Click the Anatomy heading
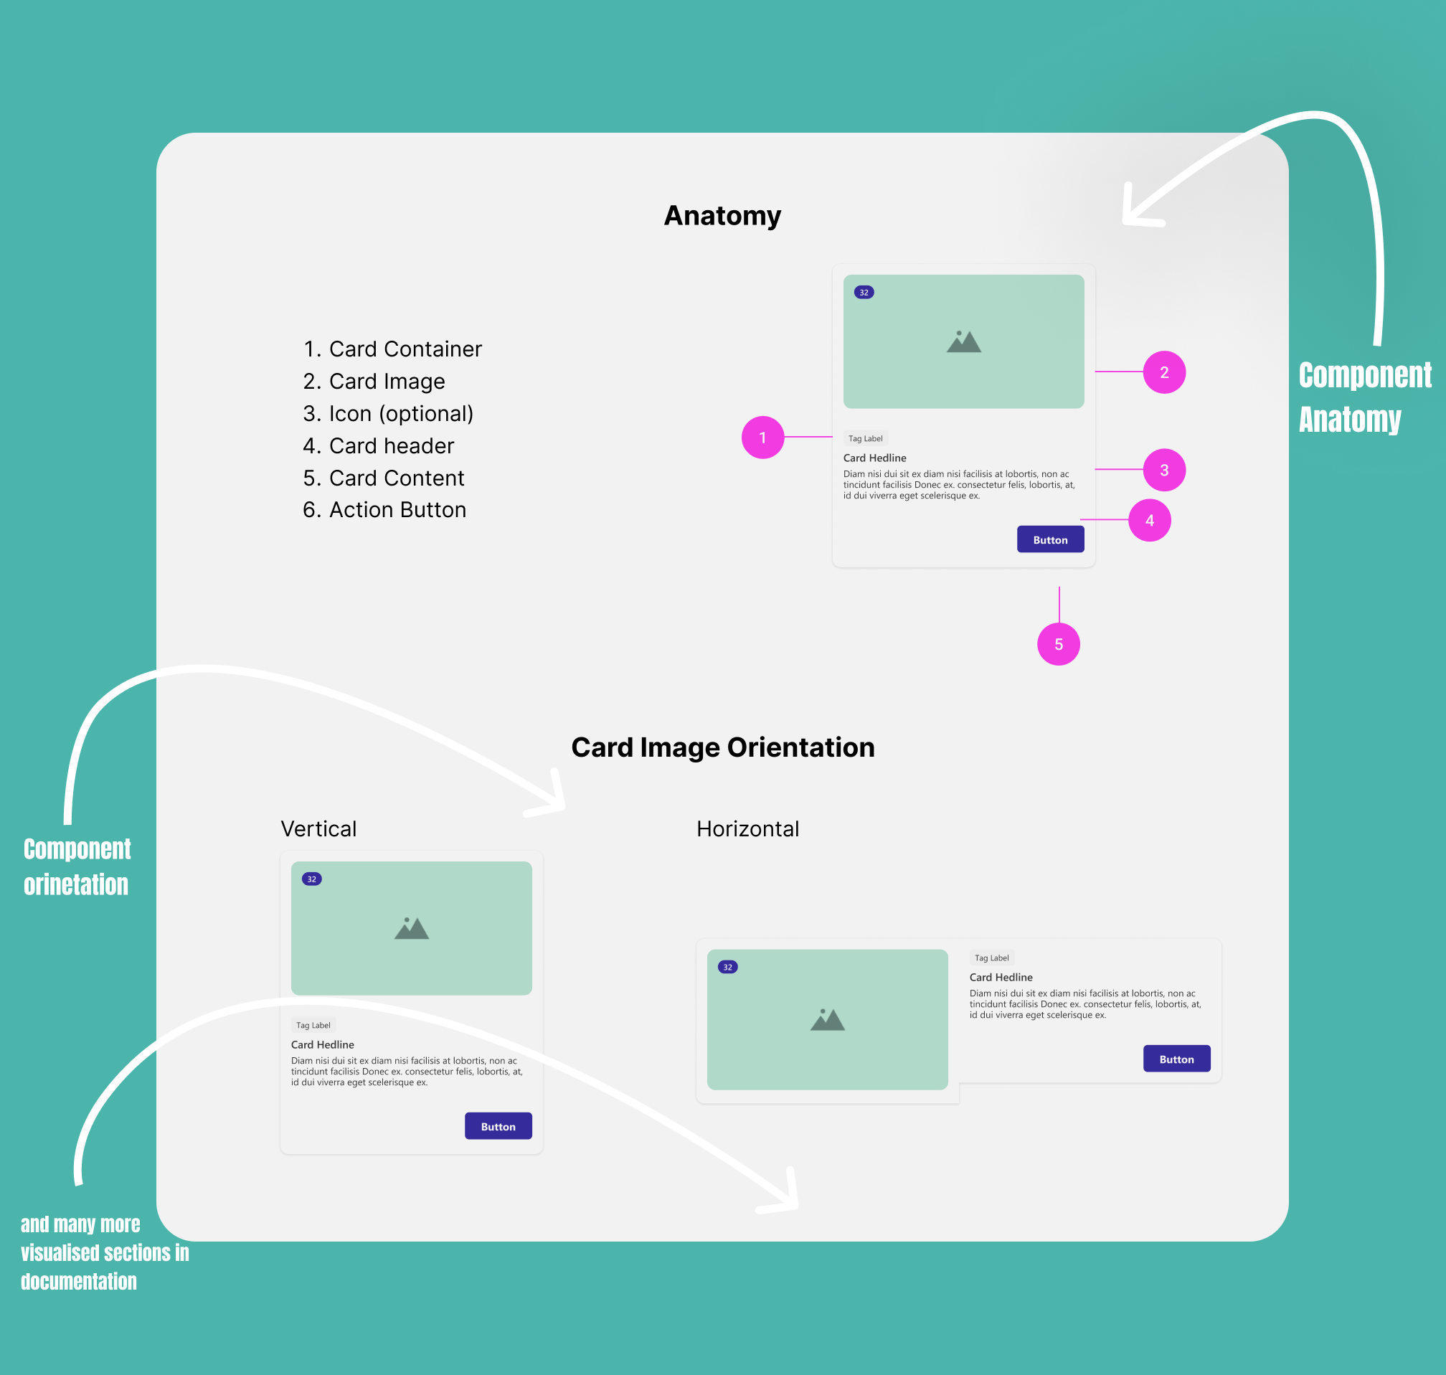(x=722, y=215)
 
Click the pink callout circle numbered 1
(x=762, y=438)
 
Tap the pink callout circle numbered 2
(x=1164, y=372)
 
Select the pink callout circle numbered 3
(x=1164, y=470)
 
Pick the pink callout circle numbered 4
(x=1149, y=521)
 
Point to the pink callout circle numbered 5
(x=1058, y=644)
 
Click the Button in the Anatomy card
(x=1049, y=539)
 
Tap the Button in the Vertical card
(x=498, y=1126)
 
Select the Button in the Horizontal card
(x=1176, y=1059)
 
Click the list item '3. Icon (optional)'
(x=388, y=413)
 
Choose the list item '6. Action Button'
(x=384, y=509)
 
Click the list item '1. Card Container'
(x=392, y=349)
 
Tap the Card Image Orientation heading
(x=722, y=747)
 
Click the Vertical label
(x=318, y=829)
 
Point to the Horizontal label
(x=747, y=829)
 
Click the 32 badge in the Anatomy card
(x=864, y=293)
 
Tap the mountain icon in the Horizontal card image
(x=828, y=1019)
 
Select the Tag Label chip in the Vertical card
(x=313, y=1025)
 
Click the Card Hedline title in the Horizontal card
(x=1001, y=977)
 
